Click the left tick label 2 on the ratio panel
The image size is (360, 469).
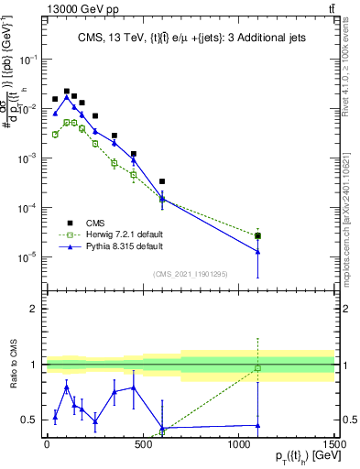35,309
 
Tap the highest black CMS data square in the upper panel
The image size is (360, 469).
67,92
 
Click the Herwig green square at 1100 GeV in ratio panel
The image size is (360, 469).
258,368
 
